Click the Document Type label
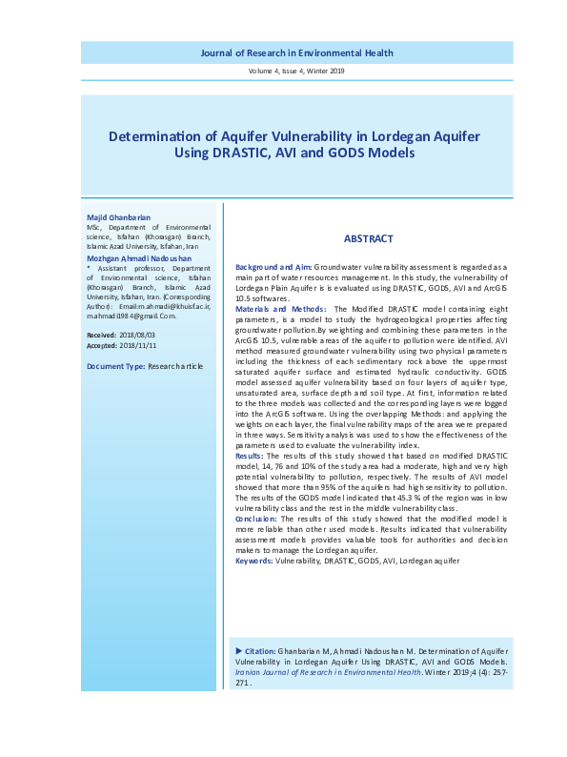(115, 366)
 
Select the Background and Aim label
(273, 270)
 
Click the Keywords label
(253, 562)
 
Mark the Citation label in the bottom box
(260, 650)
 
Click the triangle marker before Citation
(239, 650)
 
